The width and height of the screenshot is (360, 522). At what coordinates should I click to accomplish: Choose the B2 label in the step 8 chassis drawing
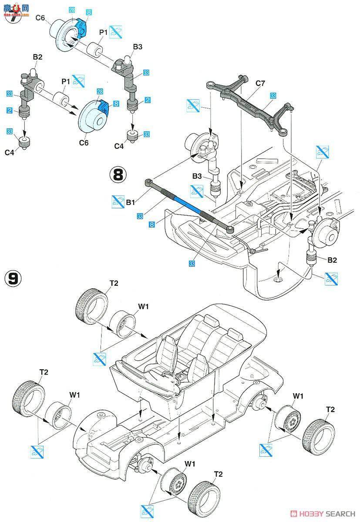point(333,260)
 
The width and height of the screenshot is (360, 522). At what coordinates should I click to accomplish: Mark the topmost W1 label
point(144,306)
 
